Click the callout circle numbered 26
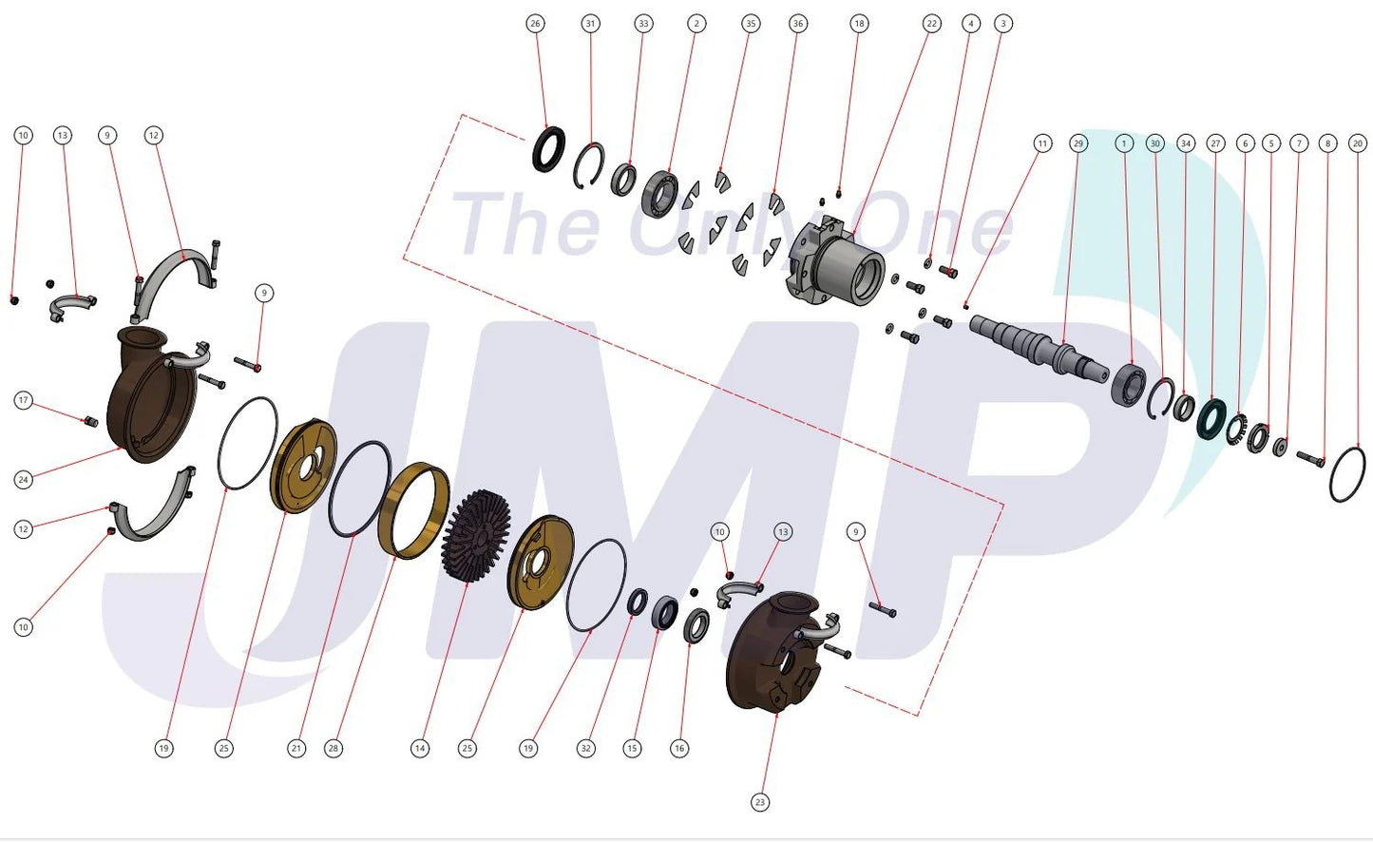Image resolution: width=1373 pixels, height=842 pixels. point(535,24)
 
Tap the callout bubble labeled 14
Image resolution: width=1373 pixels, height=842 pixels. point(420,748)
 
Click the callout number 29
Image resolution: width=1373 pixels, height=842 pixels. point(1078,144)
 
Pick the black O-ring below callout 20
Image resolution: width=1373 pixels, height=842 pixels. point(1347,474)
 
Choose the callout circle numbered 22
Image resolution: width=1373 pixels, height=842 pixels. point(932,24)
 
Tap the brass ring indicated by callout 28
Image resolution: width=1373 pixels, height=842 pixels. point(413,510)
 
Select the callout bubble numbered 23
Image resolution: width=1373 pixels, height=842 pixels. point(760,802)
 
